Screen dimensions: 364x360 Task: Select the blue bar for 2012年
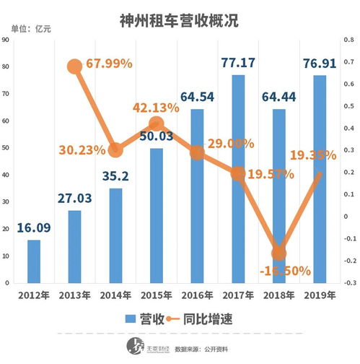pos(34,261)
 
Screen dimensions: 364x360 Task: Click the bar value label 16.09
pos(33,227)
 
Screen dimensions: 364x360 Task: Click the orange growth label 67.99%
pos(108,64)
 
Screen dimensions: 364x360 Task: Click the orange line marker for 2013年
pos(74,66)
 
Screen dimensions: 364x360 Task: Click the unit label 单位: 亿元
pos(32,29)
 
